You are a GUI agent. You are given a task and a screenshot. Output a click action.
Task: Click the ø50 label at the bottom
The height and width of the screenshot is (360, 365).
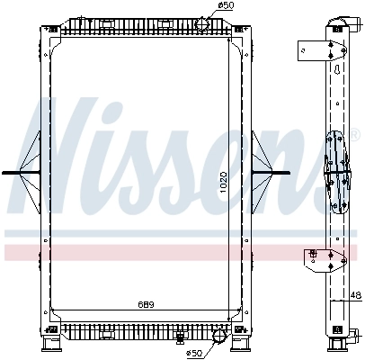[x=194, y=353]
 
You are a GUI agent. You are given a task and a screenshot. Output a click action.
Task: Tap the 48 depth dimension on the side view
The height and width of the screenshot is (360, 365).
[x=356, y=294]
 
